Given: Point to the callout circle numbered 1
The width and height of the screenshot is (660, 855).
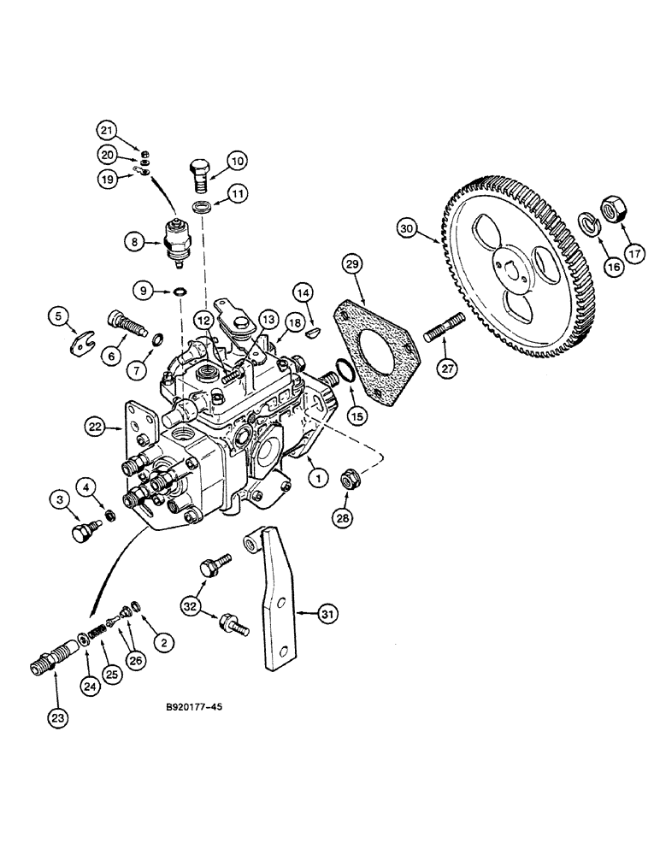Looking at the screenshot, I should (x=316, y=480).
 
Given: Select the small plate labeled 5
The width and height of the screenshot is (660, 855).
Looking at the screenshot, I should (x=80, y=345).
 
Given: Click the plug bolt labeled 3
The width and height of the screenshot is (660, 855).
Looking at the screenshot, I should (x=80, y=532).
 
